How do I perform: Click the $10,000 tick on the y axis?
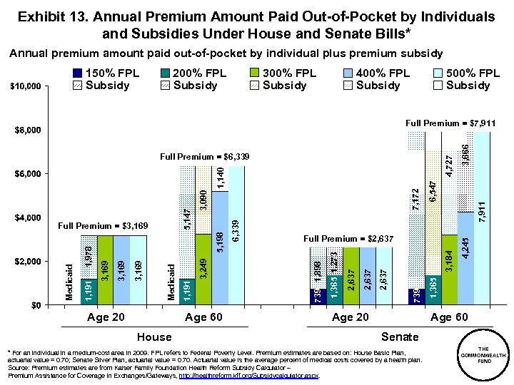click(26, 87)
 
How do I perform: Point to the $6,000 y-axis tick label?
click(29, 174)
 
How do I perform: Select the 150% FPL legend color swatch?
click(76, 73)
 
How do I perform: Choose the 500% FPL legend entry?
click(472, 73)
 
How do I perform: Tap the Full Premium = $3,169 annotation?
click(104, 226)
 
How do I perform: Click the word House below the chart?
click(154, 337)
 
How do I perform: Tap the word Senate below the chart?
click(400, 336)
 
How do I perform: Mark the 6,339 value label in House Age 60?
click(236, 230)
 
